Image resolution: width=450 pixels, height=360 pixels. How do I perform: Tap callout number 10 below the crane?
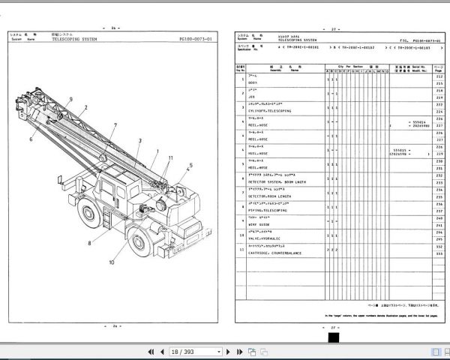pos(112,262)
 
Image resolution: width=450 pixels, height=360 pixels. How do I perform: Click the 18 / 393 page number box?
pos(184,351)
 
